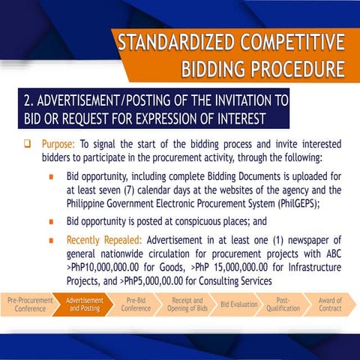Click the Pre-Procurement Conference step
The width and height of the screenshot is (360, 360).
[x=30, y=304]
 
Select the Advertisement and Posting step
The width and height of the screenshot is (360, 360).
[x=84, y=304]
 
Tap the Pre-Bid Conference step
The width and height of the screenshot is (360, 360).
[x=136, y=304]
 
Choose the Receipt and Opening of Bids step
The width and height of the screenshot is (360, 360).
[x=187, y=304]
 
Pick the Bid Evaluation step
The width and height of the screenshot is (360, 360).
[x=239, y=304]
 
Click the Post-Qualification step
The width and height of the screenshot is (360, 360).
[x=283, y=304]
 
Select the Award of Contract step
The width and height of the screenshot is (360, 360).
[x=330, y=304]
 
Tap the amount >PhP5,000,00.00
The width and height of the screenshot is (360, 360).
[x=159, y=279]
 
